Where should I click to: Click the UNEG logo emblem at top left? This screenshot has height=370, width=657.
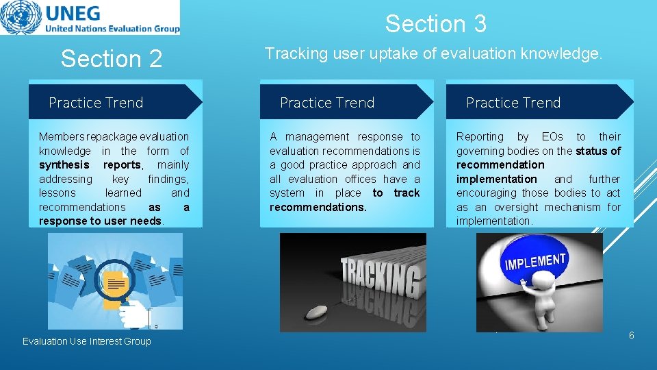(x=21, y=18)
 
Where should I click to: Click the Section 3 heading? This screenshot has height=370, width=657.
(x=435, y=24)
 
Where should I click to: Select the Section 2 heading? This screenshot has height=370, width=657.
(x=111, y=59)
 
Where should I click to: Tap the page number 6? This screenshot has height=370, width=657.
(x=631, y=335)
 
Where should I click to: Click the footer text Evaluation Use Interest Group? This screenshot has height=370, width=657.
(x=86, y=341)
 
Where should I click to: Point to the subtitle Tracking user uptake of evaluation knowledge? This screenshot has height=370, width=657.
(x=433, y=53)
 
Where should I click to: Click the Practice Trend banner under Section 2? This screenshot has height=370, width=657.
(x=96, y=103)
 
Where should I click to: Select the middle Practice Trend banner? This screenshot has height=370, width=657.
(x=327, y=103)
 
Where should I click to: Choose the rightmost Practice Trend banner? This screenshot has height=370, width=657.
(x=513, y=103)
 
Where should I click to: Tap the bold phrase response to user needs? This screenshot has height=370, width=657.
(x=101, y=221)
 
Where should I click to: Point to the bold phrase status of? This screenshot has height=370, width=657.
(x=598, y=151)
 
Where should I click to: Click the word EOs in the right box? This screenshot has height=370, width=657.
(x=552, y=136)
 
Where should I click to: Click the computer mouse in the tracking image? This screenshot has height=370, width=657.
(x=315, y=312)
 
